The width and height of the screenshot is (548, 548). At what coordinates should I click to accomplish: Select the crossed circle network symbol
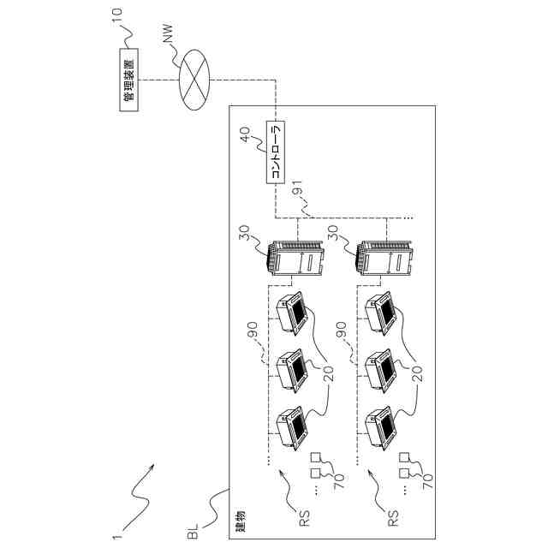[196, 80]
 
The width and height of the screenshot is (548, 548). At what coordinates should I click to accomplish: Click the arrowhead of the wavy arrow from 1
[154, 468]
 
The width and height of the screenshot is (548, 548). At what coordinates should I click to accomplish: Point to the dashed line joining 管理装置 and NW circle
[159, 80]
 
